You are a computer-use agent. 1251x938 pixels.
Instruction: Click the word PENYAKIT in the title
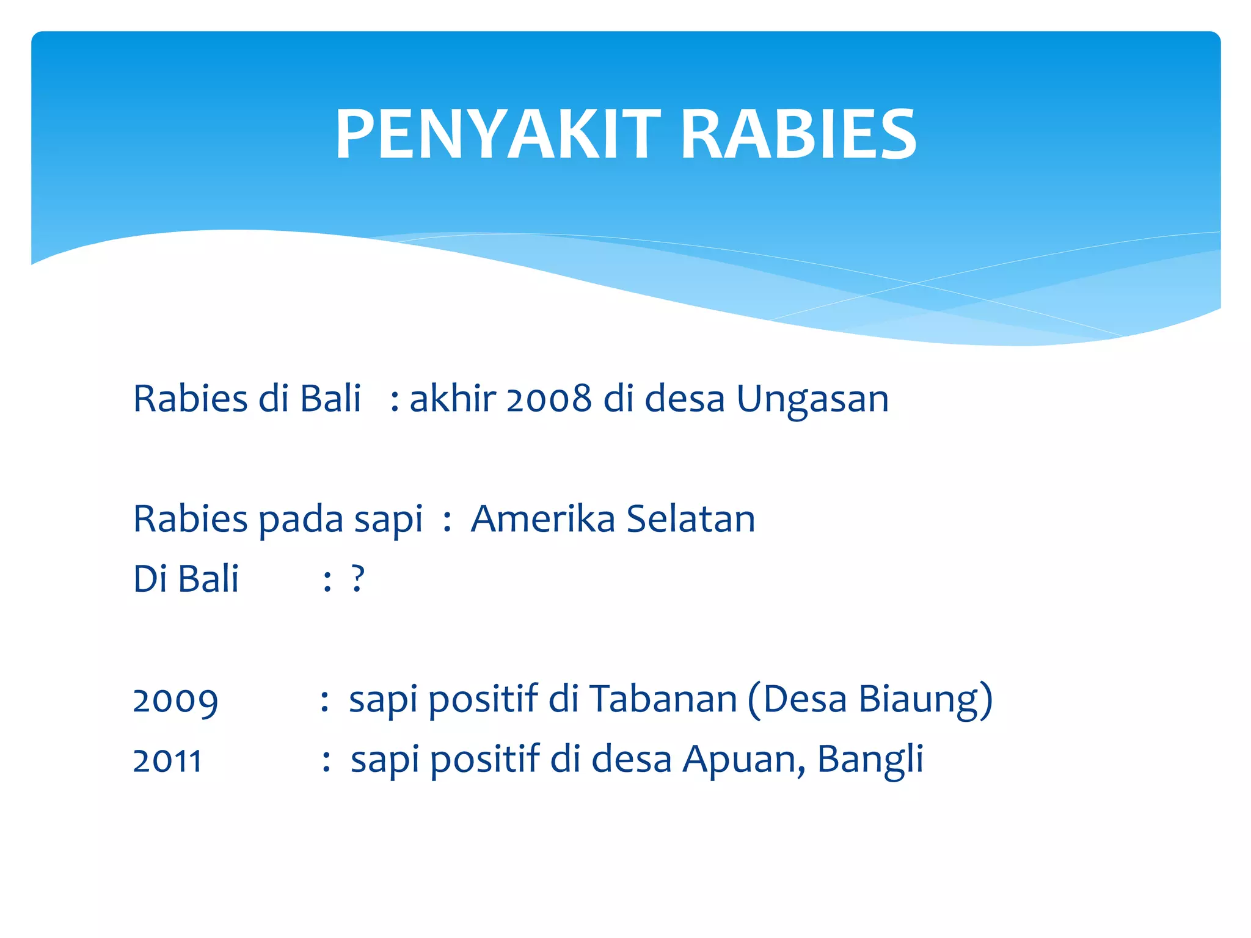(498, 134)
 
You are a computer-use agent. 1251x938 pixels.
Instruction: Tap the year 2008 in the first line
(549, 399)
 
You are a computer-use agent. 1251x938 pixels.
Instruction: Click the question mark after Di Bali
(358, 579)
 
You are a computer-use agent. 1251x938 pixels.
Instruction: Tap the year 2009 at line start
(175, 701)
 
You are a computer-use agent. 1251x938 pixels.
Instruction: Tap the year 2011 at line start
(167, 761)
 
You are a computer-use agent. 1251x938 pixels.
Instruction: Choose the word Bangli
(870, 761)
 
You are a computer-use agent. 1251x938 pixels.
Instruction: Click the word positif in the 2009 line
(483, 700)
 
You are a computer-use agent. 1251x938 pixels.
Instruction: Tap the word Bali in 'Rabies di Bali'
(330, 399)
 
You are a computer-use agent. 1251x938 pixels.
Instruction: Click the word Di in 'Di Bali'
(150, 579)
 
